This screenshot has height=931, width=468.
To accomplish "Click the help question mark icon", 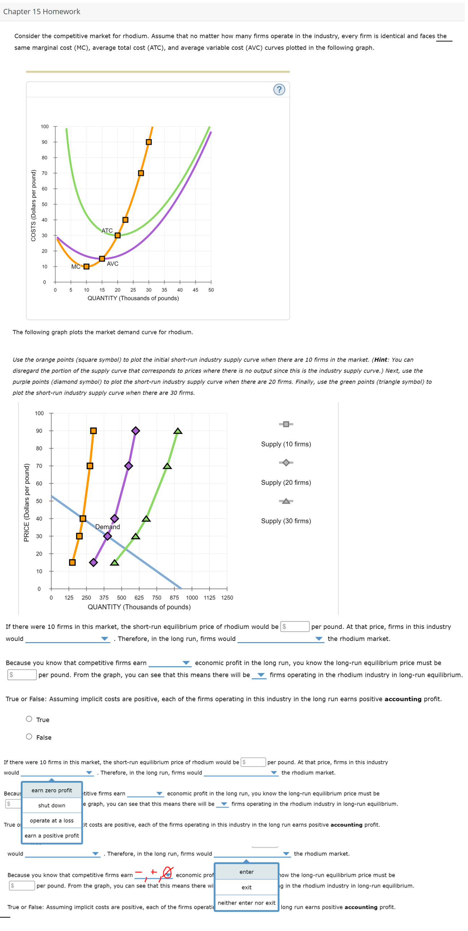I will click(x=279, y=89).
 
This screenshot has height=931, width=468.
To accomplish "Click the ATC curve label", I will click(x=107, y=231).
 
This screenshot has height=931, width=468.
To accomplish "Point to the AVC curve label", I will click(x=112, y=264).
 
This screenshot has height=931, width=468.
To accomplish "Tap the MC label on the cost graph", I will click(x=75, y=267).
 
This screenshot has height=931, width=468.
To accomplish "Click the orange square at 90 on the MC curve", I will click(x=149, y=142).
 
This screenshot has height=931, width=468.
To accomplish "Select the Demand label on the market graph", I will click(x=107, y=527).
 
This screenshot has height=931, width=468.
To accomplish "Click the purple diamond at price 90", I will click(x=136, y=431).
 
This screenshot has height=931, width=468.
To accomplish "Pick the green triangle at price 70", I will click(x=167, y=466).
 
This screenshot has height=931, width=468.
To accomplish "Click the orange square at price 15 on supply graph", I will click(x=72, y=562).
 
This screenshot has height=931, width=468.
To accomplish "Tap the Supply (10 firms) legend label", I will click(x=286, y=444).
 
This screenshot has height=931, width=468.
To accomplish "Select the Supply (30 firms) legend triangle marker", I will click(x=286, y=501).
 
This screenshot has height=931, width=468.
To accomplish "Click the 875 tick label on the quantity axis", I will click(x=174, y=598).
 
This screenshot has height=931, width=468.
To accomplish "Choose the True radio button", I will click(x=29, y=719).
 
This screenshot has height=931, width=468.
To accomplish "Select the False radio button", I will click(x=29, y=737).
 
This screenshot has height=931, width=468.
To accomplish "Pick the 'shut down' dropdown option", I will click(x=52, y=805).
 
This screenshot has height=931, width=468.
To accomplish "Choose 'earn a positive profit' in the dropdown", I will click(x=52, y=836).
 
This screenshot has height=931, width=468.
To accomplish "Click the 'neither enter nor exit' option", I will click(x=246, y=903).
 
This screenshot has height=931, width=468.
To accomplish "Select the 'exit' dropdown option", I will click(x=246, y=887).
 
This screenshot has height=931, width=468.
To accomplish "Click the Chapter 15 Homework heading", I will click(x=42, y=12).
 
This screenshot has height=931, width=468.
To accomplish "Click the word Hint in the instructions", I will click(x=381, y=360).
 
